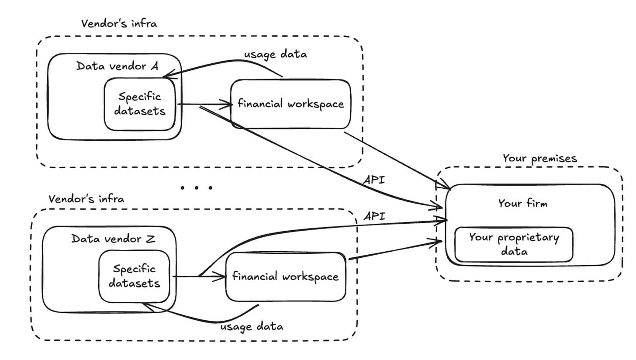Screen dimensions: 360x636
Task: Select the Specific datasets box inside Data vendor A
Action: tap(140, 104)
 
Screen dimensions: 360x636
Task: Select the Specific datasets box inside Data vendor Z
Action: tap(134, 276)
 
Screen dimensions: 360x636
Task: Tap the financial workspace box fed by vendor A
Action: tap(290, 104)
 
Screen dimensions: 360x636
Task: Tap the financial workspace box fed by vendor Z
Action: tap(285, 277)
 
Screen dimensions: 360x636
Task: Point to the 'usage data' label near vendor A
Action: tap(275, 54)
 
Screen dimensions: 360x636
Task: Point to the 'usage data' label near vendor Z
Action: tap(251, 326)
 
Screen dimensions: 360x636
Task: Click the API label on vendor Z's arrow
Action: tap(374, 215)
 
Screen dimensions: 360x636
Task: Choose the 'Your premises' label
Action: tap(539, 158)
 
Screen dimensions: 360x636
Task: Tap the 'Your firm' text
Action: tap(522, 203)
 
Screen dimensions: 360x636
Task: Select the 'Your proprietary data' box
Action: tap(514, 244)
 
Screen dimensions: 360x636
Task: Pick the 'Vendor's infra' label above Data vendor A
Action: tap(119, 23)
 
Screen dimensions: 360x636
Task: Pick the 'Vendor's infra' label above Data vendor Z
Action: tap(86, 199)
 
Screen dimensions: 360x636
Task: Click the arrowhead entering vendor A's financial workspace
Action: tap(228, 104)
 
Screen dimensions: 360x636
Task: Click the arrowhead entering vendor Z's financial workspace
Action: tap(223, 277)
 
